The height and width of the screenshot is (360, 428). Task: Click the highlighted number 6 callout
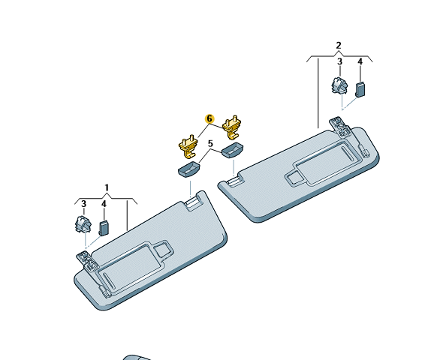coord(209,118)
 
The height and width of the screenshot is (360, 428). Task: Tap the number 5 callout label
coord(210,143)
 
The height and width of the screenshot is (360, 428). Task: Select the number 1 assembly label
coord(107,188)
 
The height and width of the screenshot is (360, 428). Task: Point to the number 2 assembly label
coord(339,45)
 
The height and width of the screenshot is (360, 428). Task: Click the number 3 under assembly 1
coord(83,204)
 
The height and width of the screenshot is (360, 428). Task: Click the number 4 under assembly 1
coord(104,204)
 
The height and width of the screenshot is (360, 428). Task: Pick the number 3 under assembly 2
coord(339,61)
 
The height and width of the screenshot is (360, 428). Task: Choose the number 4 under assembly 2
coord(360,61)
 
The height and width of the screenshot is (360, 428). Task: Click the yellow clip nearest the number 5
coord(188,146)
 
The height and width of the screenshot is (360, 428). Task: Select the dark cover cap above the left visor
coord(188,169)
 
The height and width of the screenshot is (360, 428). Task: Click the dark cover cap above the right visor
coord(232,150)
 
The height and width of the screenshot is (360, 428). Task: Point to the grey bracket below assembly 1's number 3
coord(83,224)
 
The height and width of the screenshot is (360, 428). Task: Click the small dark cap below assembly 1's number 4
coord(104,228)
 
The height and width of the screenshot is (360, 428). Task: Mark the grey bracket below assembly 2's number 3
coord(339,85)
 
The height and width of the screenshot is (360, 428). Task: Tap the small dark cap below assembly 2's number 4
coord(360,89)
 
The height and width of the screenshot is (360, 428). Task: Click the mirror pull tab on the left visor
coord(163,247)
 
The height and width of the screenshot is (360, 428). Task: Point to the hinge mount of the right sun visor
coord(340,127)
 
